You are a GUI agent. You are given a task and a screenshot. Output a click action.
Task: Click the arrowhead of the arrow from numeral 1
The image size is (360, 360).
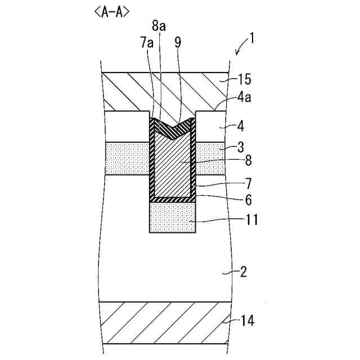pyautogui.click(x=237, y=54)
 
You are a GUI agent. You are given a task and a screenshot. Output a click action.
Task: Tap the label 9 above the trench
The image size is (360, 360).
pyautogui.click(x=178, y=43)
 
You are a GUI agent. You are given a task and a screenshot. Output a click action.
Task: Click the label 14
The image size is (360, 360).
pyautogui.click(x=247, y=321)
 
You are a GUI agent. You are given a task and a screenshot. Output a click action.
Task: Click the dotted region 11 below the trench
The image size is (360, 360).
pyautogui.click(x=172, y=218)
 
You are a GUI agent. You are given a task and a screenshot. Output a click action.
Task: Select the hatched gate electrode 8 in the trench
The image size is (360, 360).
pyautogui.click(x=172, y=166)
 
